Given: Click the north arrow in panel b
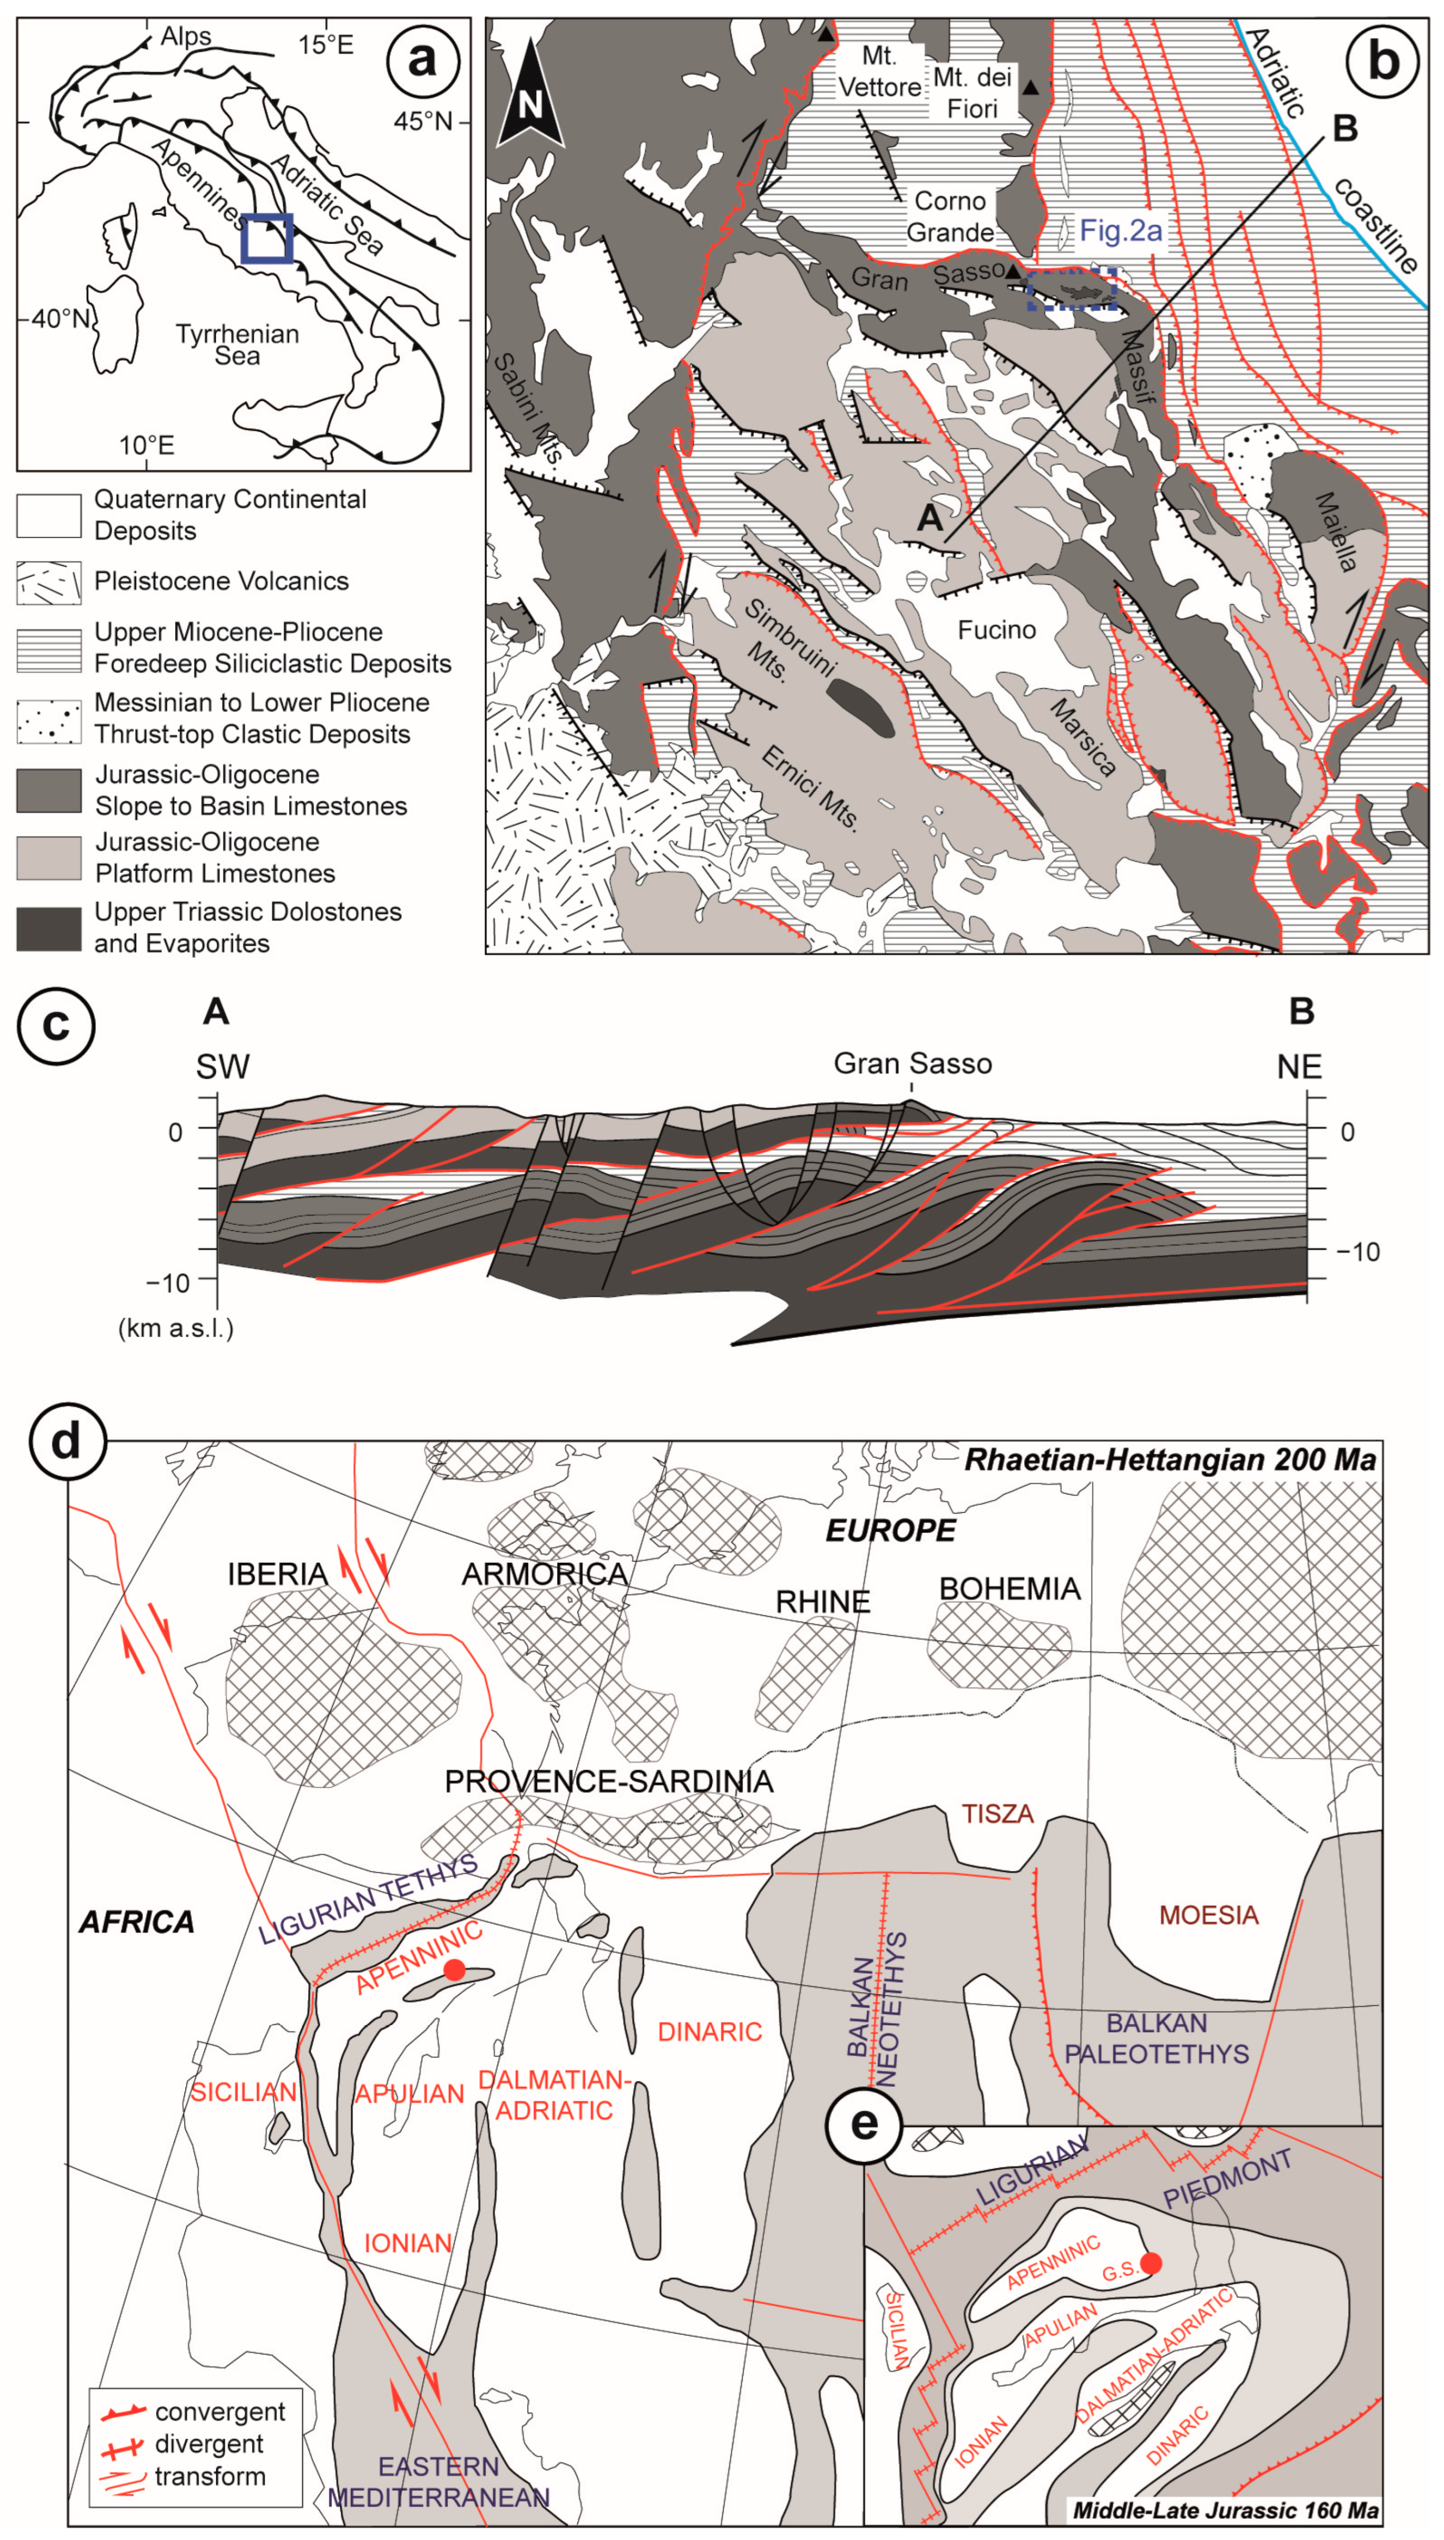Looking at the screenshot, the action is coord(531,94).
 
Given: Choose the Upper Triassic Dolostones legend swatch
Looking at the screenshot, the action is coord(49,928).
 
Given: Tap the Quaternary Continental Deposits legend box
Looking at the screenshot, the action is coord(49,515).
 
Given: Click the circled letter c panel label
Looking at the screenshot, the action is coord(56,1024).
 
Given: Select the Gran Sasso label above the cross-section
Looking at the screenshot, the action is coord(912,1064).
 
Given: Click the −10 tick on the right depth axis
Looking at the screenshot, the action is coord(1356,1252).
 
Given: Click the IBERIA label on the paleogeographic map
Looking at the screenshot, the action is coord(278,1574).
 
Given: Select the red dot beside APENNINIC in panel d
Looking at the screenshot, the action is coord(454,1970).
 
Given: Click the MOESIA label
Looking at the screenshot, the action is coord(1209,1914).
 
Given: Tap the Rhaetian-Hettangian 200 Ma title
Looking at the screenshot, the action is coord(1170,1460).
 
